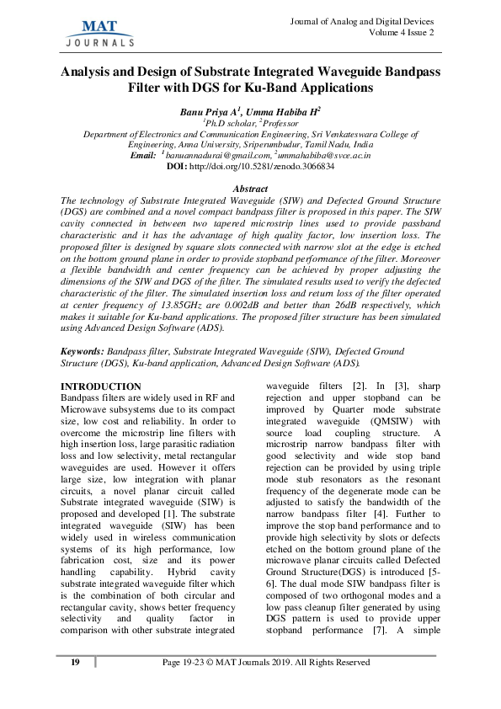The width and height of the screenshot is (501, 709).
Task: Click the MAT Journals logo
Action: click(x=99, y=29)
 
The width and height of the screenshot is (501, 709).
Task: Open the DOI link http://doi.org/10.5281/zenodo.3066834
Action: click(x=261, y=167)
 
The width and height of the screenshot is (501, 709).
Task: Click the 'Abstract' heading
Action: click(x=249, y=189)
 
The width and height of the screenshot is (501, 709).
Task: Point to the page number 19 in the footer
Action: click(x=75, y=663)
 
